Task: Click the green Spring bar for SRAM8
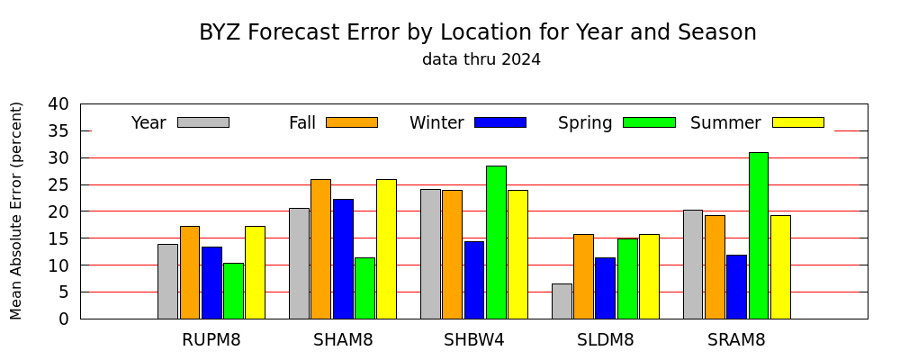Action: [x=758, y=236]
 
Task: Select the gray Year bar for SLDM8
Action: [x=562, y=301]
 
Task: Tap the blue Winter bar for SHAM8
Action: [x=343, y=259]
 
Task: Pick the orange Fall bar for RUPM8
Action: [x=190, y=273]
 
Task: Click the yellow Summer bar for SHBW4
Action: [x=517, y=255]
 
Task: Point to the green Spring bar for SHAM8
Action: [x=365, y=288]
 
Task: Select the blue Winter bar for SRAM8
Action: [x=736, y=287]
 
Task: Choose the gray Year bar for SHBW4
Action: [x=430, y=254]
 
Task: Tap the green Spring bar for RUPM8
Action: [x=234, y=291]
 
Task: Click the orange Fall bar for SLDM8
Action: [x=584, y=276]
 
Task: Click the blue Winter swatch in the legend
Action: [x=500, y=122]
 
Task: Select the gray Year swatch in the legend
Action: [x=203, y=122]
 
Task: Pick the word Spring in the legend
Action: [x=585, y=123]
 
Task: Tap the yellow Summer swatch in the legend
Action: [x=797, y=122]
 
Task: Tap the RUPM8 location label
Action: [x=211, y=340]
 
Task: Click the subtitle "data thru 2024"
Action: [x=481, y=59]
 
